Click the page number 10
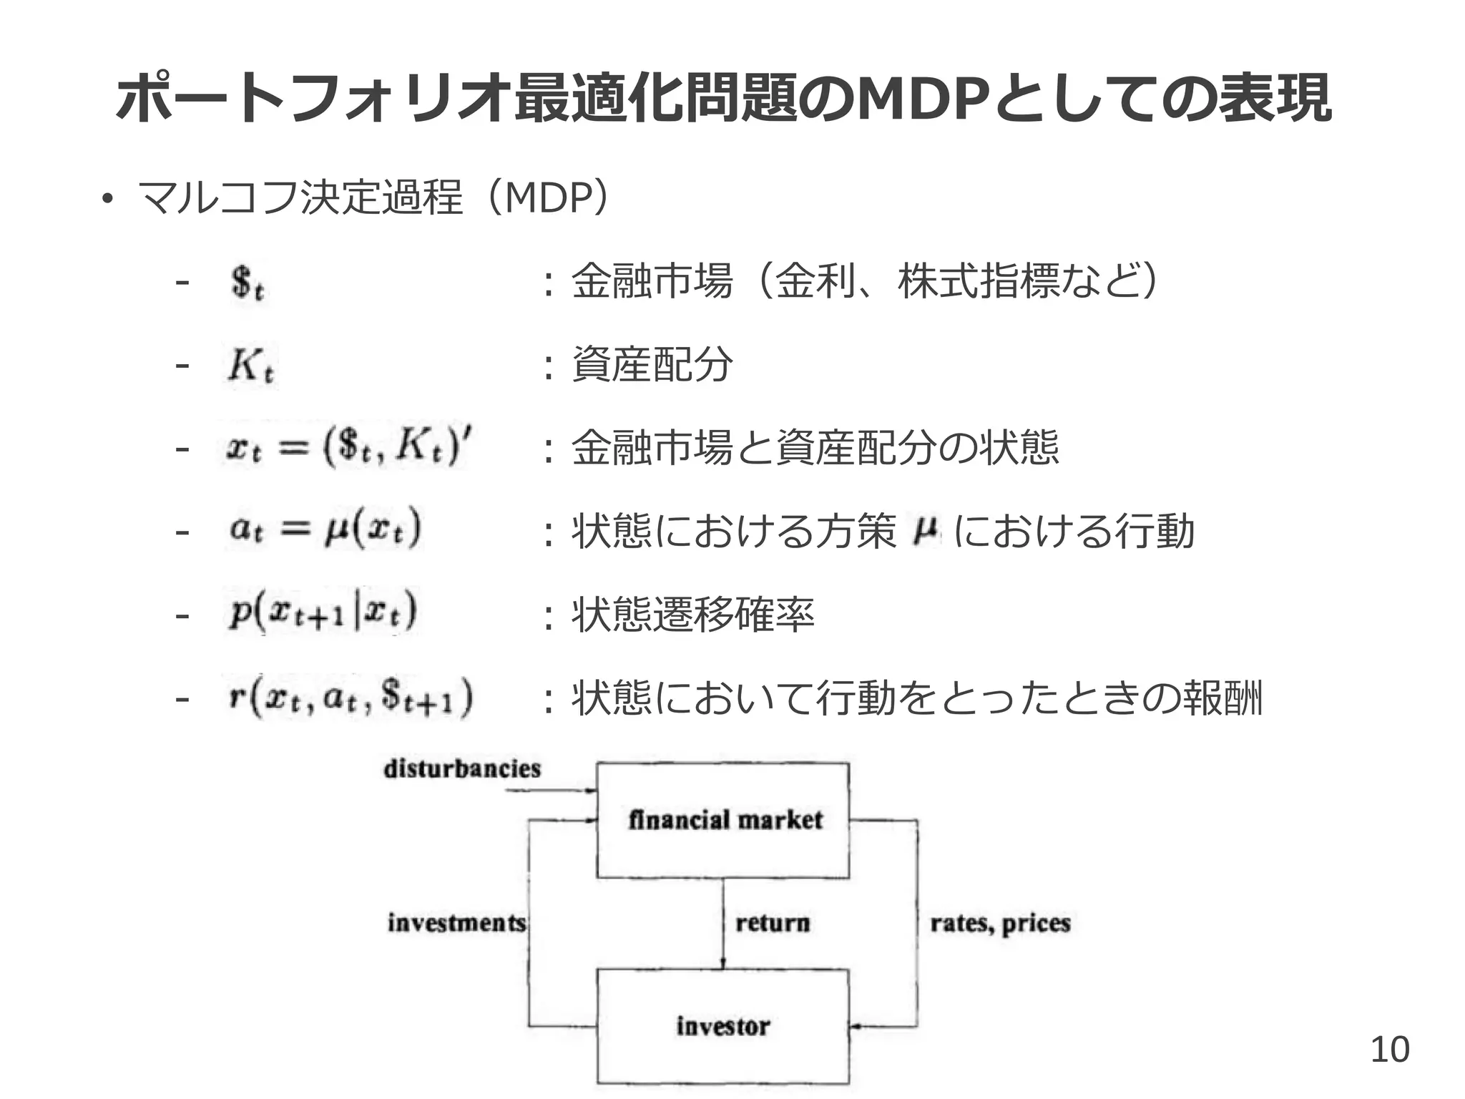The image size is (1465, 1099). pyautogui.click(x=1389, y=1050)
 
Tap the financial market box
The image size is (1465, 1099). pyautogui.click(x=722, y=820)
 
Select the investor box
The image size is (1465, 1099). pyautogui.click(x=722, y=1025)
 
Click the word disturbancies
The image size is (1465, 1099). pyautogui.click(x=462, y=769)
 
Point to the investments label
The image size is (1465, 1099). pyautogui.click(x=456, y=923)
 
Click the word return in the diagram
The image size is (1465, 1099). pyautogui.click(x=773, y=923)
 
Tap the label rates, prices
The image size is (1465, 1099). pyautogui.click(x=1000, y=924)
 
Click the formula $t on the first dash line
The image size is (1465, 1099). pyautogui.click(x=248, y=283)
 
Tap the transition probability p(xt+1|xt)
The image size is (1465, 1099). pyautogui.click(x=323, y=613)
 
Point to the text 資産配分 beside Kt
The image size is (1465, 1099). pyautogui.click(x=652, y=365)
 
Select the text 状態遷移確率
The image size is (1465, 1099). pyautogui.click(x=692, y=615)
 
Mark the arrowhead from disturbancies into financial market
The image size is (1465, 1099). pyautogui.click(x=592, y=791)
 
